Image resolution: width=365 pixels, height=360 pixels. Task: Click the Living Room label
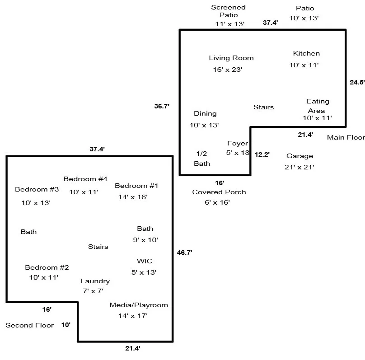coord(231,58)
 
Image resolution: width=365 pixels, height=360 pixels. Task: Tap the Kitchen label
coord(306,53)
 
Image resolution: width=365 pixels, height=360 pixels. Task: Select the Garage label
coord(299,156)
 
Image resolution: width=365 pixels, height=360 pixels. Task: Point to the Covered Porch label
coord(219,192)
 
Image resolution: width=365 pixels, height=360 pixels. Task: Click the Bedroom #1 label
coord(136,186)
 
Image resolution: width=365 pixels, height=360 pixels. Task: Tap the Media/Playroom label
coord(139,305)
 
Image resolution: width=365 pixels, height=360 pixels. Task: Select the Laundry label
coord(95,281)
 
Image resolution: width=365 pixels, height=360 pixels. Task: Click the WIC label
coord(145,261)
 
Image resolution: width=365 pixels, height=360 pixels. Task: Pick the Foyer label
coord(238,144)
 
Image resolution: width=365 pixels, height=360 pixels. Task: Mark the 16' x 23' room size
coord(228,70)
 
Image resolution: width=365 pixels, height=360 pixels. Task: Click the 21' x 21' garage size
coord(299,167)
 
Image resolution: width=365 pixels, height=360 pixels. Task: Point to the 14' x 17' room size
coord(133,316)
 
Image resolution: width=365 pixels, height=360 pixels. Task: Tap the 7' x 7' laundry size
coord(92,291)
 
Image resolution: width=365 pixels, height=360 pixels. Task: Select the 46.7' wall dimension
coord(184,253)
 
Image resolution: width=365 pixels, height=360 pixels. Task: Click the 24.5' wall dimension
coord(357,82)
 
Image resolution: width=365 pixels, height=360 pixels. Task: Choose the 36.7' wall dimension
coord(161,107)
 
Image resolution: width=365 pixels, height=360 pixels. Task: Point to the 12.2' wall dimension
coord(262,154)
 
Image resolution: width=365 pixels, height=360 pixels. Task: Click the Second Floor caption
coord(29,325)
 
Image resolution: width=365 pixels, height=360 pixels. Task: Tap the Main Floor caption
coord(346,137)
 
